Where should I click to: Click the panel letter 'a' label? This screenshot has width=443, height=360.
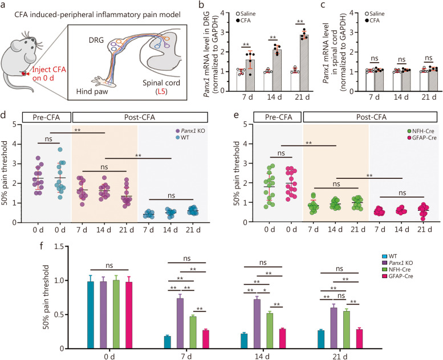pos(5,6)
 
